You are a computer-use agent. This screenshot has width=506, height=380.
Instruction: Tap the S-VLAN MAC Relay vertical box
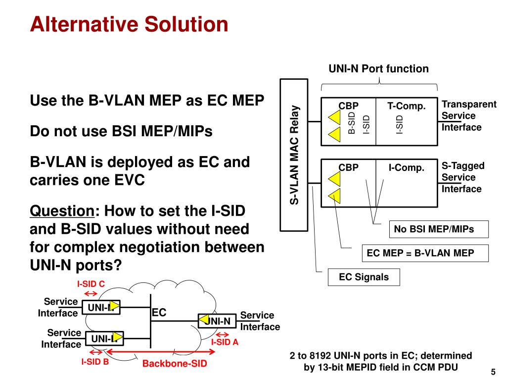295,155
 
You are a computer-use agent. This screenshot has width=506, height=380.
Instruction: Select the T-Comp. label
407,106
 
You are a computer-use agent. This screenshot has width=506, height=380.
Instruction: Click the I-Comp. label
407,168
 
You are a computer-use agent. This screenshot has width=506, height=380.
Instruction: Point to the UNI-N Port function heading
379,69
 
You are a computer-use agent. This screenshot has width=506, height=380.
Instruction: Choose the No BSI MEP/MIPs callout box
434,229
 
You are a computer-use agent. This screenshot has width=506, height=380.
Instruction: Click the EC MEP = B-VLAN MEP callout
420,253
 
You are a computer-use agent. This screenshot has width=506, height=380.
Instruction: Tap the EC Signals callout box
364,277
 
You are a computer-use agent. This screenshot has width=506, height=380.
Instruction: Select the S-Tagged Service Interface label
462,177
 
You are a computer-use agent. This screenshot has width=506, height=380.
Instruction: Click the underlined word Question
62,212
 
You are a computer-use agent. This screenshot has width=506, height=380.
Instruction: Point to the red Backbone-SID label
175,364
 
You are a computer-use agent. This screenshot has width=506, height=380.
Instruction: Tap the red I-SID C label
91,284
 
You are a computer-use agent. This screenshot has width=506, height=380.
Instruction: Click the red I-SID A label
225,342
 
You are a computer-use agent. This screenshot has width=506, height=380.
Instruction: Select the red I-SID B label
95,362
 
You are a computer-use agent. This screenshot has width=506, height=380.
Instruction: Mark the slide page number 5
493,372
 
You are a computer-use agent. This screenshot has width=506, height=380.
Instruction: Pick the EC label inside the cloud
159,313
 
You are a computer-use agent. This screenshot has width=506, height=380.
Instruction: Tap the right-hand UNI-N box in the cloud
217,321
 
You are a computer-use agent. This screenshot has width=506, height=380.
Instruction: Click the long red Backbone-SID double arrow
161,352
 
